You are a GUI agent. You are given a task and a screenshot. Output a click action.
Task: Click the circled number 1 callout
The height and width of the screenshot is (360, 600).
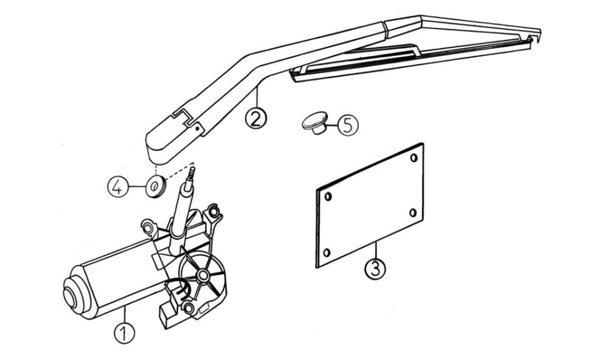pos(124,332)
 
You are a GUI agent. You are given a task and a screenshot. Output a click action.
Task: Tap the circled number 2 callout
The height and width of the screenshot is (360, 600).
pos(256,118)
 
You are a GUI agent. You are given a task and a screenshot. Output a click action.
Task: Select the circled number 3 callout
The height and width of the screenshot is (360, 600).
pos(375,268)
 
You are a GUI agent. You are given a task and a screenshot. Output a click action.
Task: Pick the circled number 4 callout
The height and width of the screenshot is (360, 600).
pos(118,187)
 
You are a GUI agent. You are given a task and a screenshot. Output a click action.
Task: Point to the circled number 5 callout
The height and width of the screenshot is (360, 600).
pos(348,125)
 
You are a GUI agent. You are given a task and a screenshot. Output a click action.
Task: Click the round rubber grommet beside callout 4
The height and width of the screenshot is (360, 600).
pos(156,186)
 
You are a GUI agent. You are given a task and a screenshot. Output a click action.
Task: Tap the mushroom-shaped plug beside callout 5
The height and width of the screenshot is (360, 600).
pos(315,122)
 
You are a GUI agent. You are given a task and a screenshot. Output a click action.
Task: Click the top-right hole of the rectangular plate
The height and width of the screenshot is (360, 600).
pos(414,157)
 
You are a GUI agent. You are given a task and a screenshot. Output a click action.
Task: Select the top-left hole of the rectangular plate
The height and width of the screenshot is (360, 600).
pos(328,197)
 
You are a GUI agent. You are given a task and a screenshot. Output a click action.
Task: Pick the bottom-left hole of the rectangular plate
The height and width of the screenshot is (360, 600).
pos(326,252)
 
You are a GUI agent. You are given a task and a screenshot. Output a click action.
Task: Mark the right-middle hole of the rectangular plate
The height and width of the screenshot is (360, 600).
pos(413,212)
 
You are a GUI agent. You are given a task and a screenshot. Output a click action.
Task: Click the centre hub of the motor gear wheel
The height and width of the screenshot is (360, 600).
pos(202,274)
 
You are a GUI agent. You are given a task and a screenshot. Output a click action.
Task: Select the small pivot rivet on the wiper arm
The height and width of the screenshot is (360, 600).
pos(197,129)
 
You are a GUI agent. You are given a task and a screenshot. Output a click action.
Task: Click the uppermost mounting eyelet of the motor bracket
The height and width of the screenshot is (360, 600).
pos(213,211)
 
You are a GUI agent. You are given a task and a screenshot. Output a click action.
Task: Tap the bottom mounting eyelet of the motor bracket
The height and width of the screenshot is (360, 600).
pos(188,307)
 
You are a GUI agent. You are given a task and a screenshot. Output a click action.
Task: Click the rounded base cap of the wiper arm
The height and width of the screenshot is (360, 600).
pos(161,144)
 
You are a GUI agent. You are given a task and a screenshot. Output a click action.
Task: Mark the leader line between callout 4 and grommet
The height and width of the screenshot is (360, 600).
pos(137,187)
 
